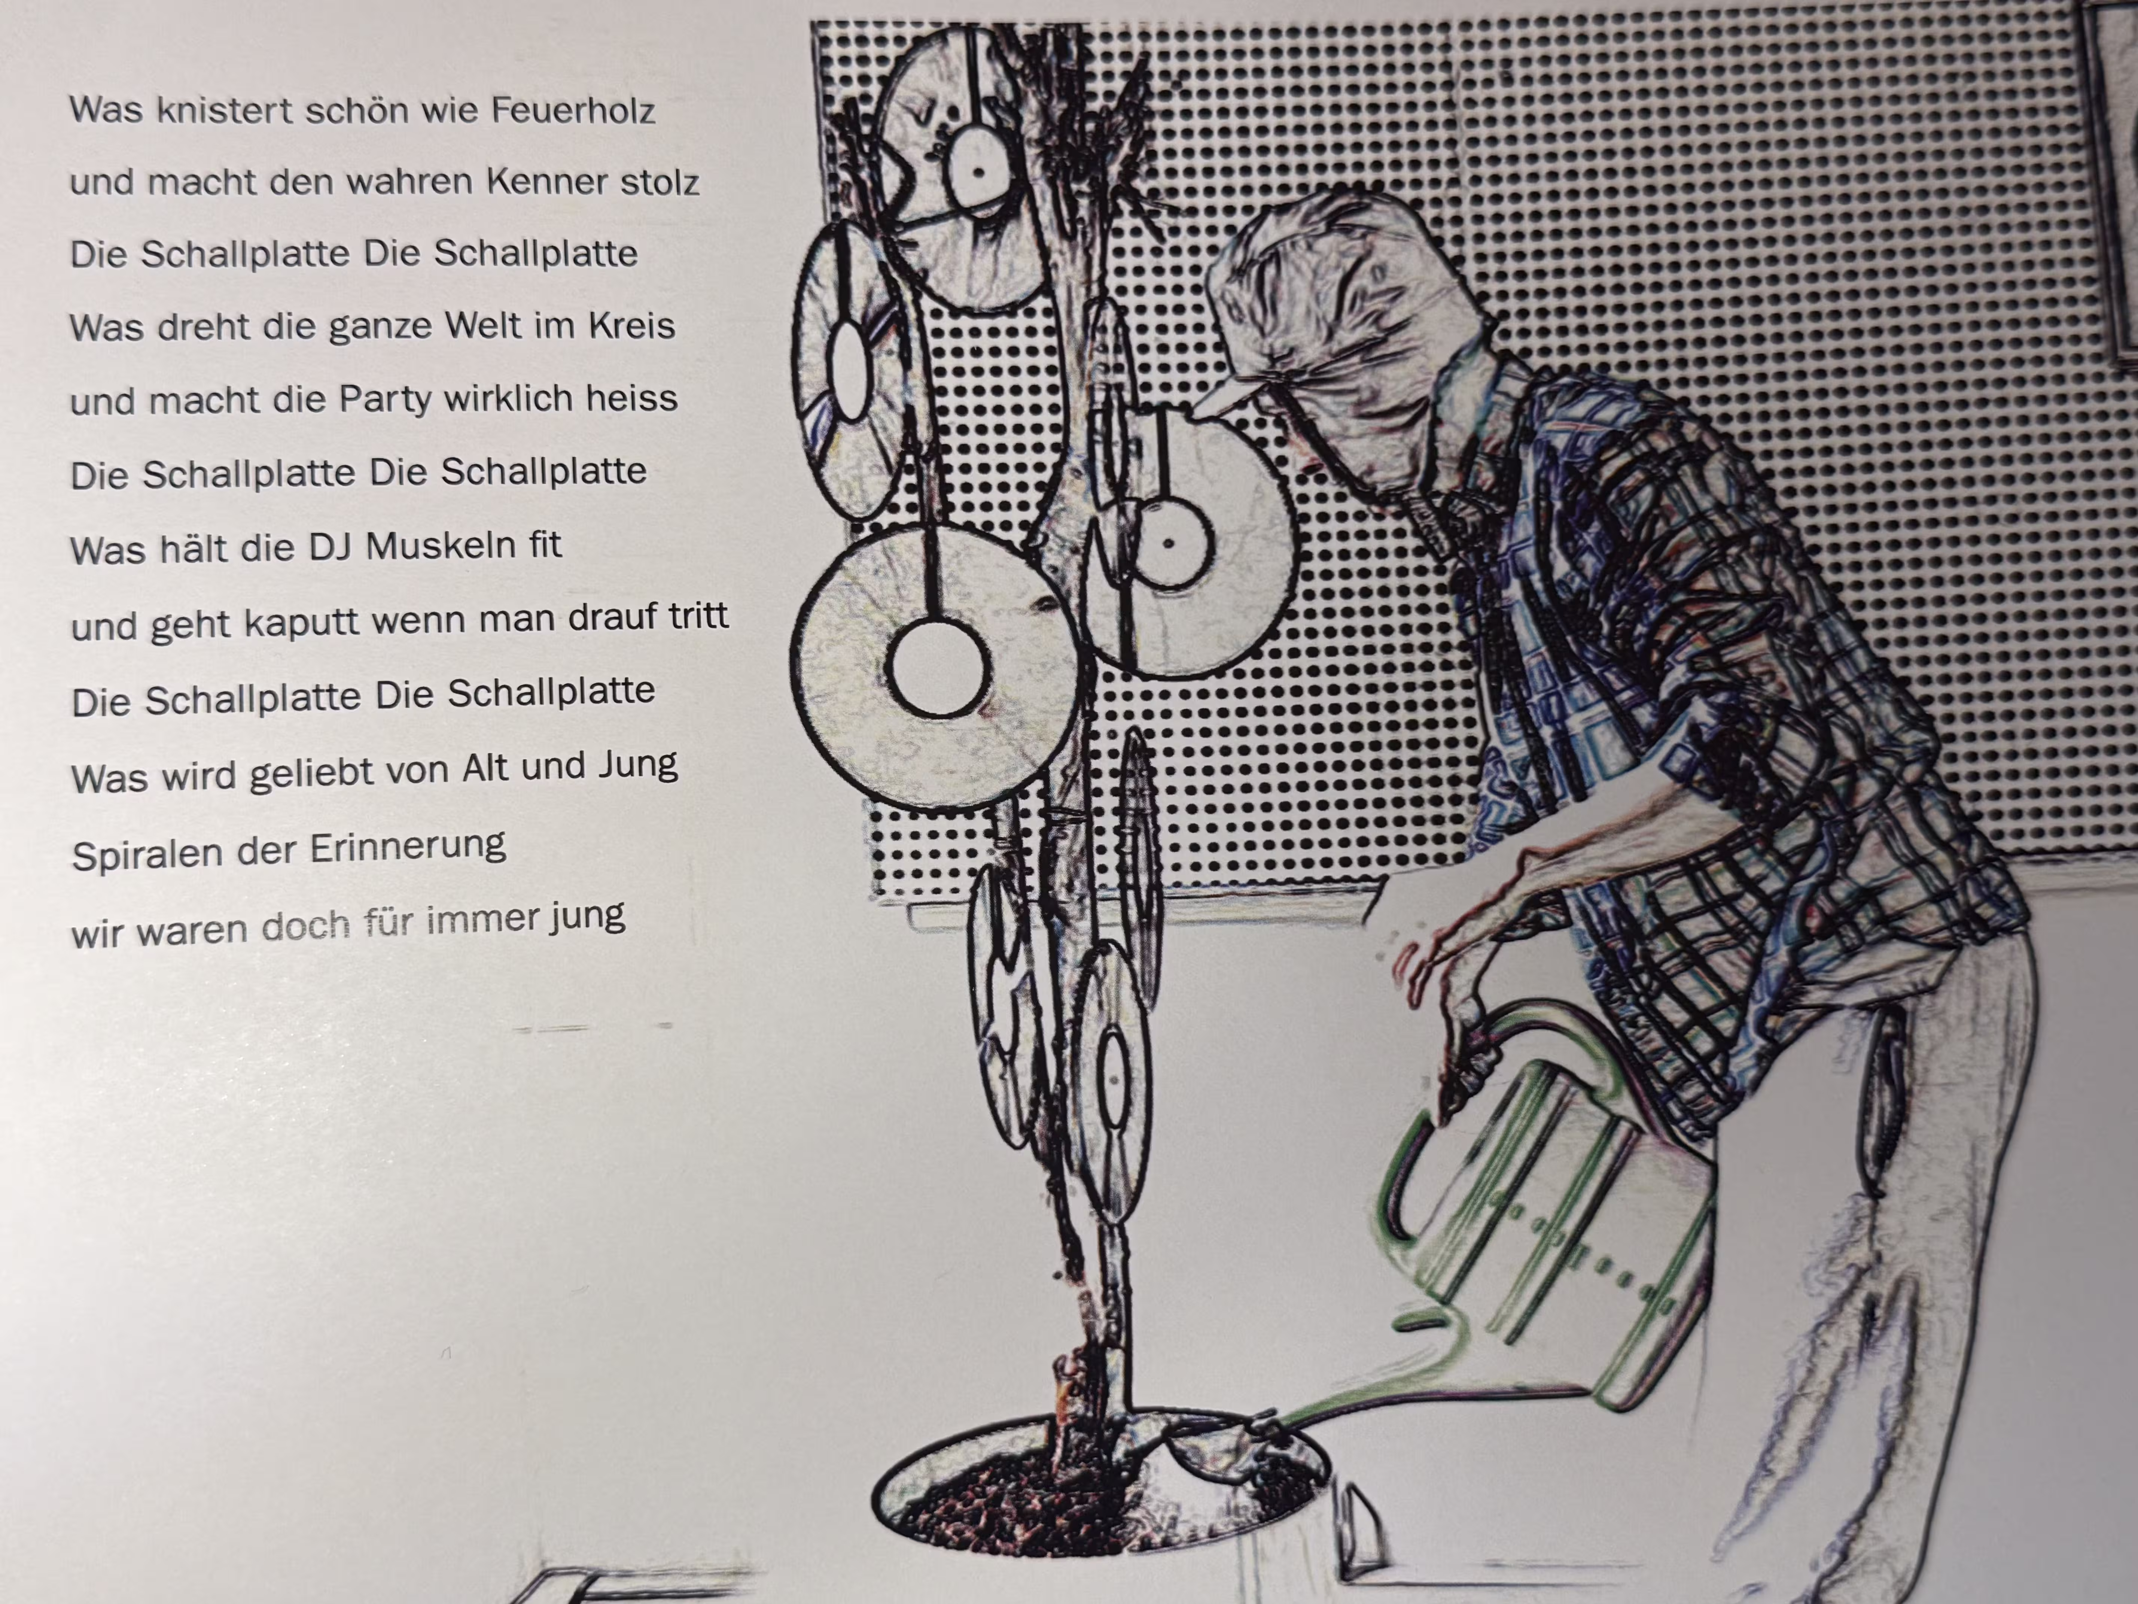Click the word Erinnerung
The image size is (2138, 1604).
407,848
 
